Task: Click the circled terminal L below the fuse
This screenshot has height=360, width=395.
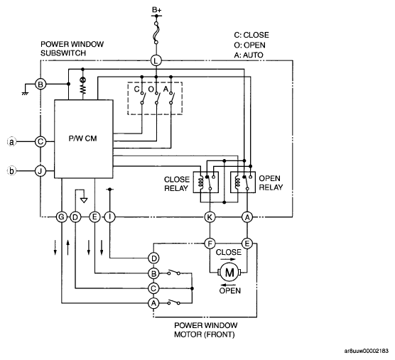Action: (156, 60)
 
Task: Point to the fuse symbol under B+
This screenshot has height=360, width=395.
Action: (156, 33)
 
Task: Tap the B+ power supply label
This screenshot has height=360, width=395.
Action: (156, 10)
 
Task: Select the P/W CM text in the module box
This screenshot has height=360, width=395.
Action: (82, 138)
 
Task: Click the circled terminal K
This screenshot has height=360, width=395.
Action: (210, 217)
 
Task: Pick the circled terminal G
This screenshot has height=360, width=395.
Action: (61, 217)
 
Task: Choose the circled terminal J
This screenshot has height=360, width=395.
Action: (40, 171)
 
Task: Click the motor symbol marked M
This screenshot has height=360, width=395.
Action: (229, 273)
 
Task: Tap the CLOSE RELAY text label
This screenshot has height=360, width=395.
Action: (177, 184)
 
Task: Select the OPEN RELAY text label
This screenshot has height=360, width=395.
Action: (271, 182)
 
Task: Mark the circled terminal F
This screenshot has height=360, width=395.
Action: (210, 244)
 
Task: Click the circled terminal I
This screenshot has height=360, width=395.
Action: (109, 217)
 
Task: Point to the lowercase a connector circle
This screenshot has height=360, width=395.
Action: (11, 142)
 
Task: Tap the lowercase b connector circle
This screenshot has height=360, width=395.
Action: (11, 171)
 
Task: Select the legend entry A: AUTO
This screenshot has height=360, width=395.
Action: (249, 55)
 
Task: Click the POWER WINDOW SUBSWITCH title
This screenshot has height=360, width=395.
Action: (72, 48)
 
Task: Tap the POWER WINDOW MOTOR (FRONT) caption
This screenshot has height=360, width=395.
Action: (205, 329)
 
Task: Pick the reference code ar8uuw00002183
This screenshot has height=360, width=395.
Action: (367, 351)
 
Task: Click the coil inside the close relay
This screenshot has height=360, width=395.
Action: (200, 182)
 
